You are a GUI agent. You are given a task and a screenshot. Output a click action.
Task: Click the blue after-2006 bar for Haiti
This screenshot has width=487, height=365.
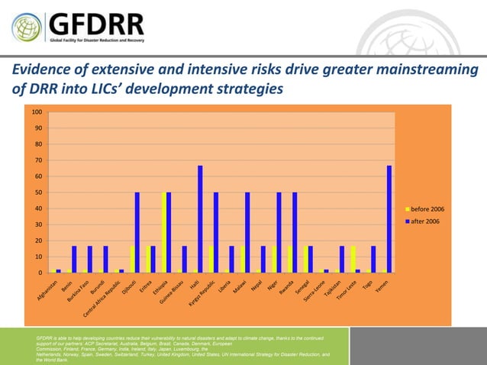coord(201,219)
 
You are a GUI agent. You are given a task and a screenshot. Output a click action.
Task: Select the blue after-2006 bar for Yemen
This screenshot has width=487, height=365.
coord(389,219)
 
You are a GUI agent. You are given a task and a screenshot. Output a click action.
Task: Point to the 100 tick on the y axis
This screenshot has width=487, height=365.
coord(37,112)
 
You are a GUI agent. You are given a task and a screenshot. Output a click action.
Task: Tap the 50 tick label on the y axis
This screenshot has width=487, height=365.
coord(38,192)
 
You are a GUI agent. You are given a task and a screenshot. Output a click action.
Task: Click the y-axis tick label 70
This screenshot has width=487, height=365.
coord(38,160)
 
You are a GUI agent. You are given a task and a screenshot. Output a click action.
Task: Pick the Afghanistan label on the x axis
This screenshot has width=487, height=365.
coord(46,293)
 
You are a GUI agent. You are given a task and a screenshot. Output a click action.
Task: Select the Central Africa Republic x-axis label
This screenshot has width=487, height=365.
coord(102,302)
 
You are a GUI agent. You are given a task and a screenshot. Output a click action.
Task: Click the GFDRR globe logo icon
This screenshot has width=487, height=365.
coord(27,27)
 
